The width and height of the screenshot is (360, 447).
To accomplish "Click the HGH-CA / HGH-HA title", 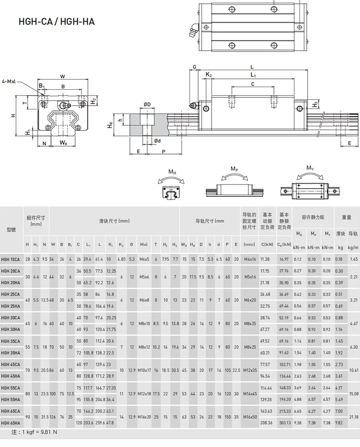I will [57, 21].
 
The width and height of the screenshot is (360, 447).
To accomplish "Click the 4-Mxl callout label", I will [9, 81].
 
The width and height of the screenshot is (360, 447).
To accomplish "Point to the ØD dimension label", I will [147, 104].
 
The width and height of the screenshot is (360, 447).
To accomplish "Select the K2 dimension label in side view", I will [208, 74].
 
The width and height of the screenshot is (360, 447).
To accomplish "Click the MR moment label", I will [172, 172].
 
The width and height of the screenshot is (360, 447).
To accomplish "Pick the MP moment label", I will [234, 169].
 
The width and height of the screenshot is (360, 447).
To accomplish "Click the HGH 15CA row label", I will [10, 259].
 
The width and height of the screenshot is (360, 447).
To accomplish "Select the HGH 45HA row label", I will [10, 376].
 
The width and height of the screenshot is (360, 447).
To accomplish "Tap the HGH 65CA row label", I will [10, 411].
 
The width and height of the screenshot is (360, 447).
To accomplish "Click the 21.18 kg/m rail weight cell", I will [353, 417].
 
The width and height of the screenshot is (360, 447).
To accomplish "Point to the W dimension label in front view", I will [62, 76].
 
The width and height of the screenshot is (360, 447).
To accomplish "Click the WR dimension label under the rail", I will [62, 143].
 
